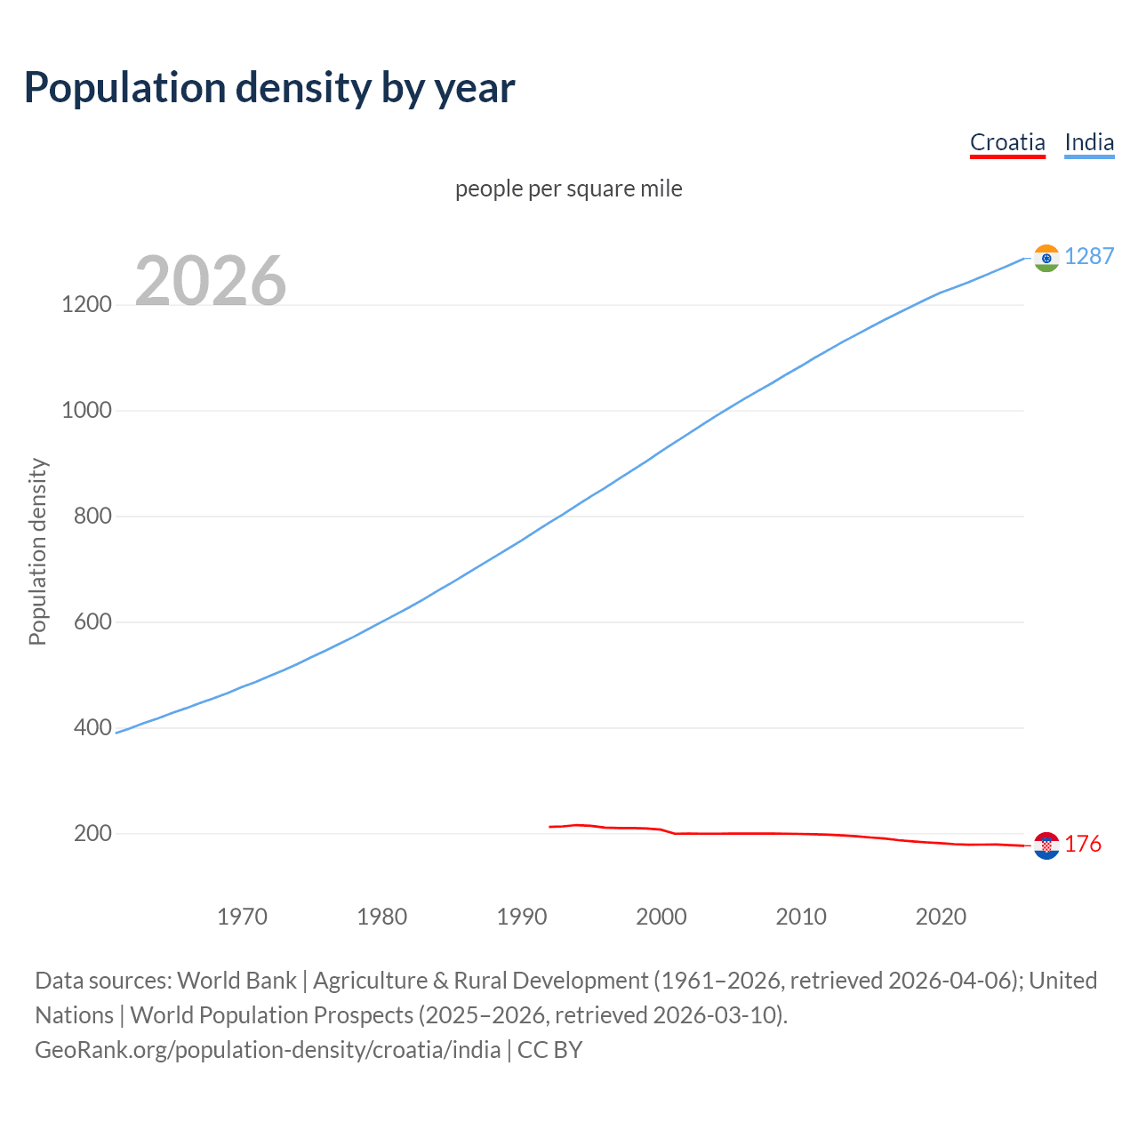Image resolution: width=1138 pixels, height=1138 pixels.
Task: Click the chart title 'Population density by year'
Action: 269,88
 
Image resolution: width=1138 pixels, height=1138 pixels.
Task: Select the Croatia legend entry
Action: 1007,142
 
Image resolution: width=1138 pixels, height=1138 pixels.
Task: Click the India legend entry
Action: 1089,142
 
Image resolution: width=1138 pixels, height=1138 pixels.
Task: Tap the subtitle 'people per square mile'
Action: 569,188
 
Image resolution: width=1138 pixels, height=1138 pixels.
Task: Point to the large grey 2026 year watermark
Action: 211,281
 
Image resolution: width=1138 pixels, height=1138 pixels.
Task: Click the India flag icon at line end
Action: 1046,258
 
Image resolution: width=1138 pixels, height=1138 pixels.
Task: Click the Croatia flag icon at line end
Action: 1046,845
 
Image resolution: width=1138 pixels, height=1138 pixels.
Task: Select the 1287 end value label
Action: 1089,256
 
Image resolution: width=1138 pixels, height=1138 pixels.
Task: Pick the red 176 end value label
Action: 1083,844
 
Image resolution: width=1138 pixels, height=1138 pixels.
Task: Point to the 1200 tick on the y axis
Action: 87,305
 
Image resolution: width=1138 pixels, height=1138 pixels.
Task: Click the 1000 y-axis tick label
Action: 87,411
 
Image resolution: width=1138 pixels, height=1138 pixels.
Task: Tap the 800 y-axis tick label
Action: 92,517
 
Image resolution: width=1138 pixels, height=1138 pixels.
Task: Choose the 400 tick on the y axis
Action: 92,728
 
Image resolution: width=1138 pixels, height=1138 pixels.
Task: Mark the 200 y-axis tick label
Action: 92,834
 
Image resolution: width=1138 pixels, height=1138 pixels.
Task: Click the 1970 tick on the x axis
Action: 242,917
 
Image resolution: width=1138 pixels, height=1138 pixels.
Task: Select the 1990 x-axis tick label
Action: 522,917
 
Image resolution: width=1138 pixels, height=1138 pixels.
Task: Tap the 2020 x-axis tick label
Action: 941,917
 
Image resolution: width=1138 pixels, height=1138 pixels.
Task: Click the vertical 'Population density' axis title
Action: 37,551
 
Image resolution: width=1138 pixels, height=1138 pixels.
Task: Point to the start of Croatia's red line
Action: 550,827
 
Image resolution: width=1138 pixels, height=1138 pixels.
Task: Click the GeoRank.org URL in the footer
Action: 268,1050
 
